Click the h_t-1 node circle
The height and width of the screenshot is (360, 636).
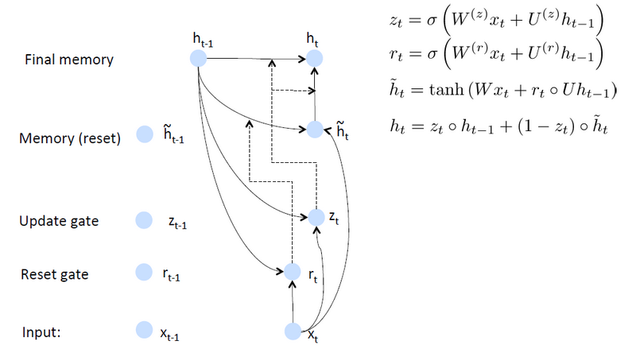point(198,58)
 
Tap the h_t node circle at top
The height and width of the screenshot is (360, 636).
point(315,58)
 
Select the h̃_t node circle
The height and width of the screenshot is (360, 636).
point(315,129)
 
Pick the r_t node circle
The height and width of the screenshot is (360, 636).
point(293,272)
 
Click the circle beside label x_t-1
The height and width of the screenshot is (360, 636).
point(144,330)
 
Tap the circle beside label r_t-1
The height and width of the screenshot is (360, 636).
point(144,273)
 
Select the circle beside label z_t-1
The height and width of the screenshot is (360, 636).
point(144,220)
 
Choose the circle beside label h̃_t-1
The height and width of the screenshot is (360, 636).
point(144,136)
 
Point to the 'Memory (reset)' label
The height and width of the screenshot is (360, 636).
point(69,139)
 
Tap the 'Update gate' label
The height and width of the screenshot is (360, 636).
point(58,221)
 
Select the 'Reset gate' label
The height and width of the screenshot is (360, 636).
point(54,275)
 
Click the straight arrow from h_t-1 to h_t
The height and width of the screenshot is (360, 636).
point(254,58)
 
